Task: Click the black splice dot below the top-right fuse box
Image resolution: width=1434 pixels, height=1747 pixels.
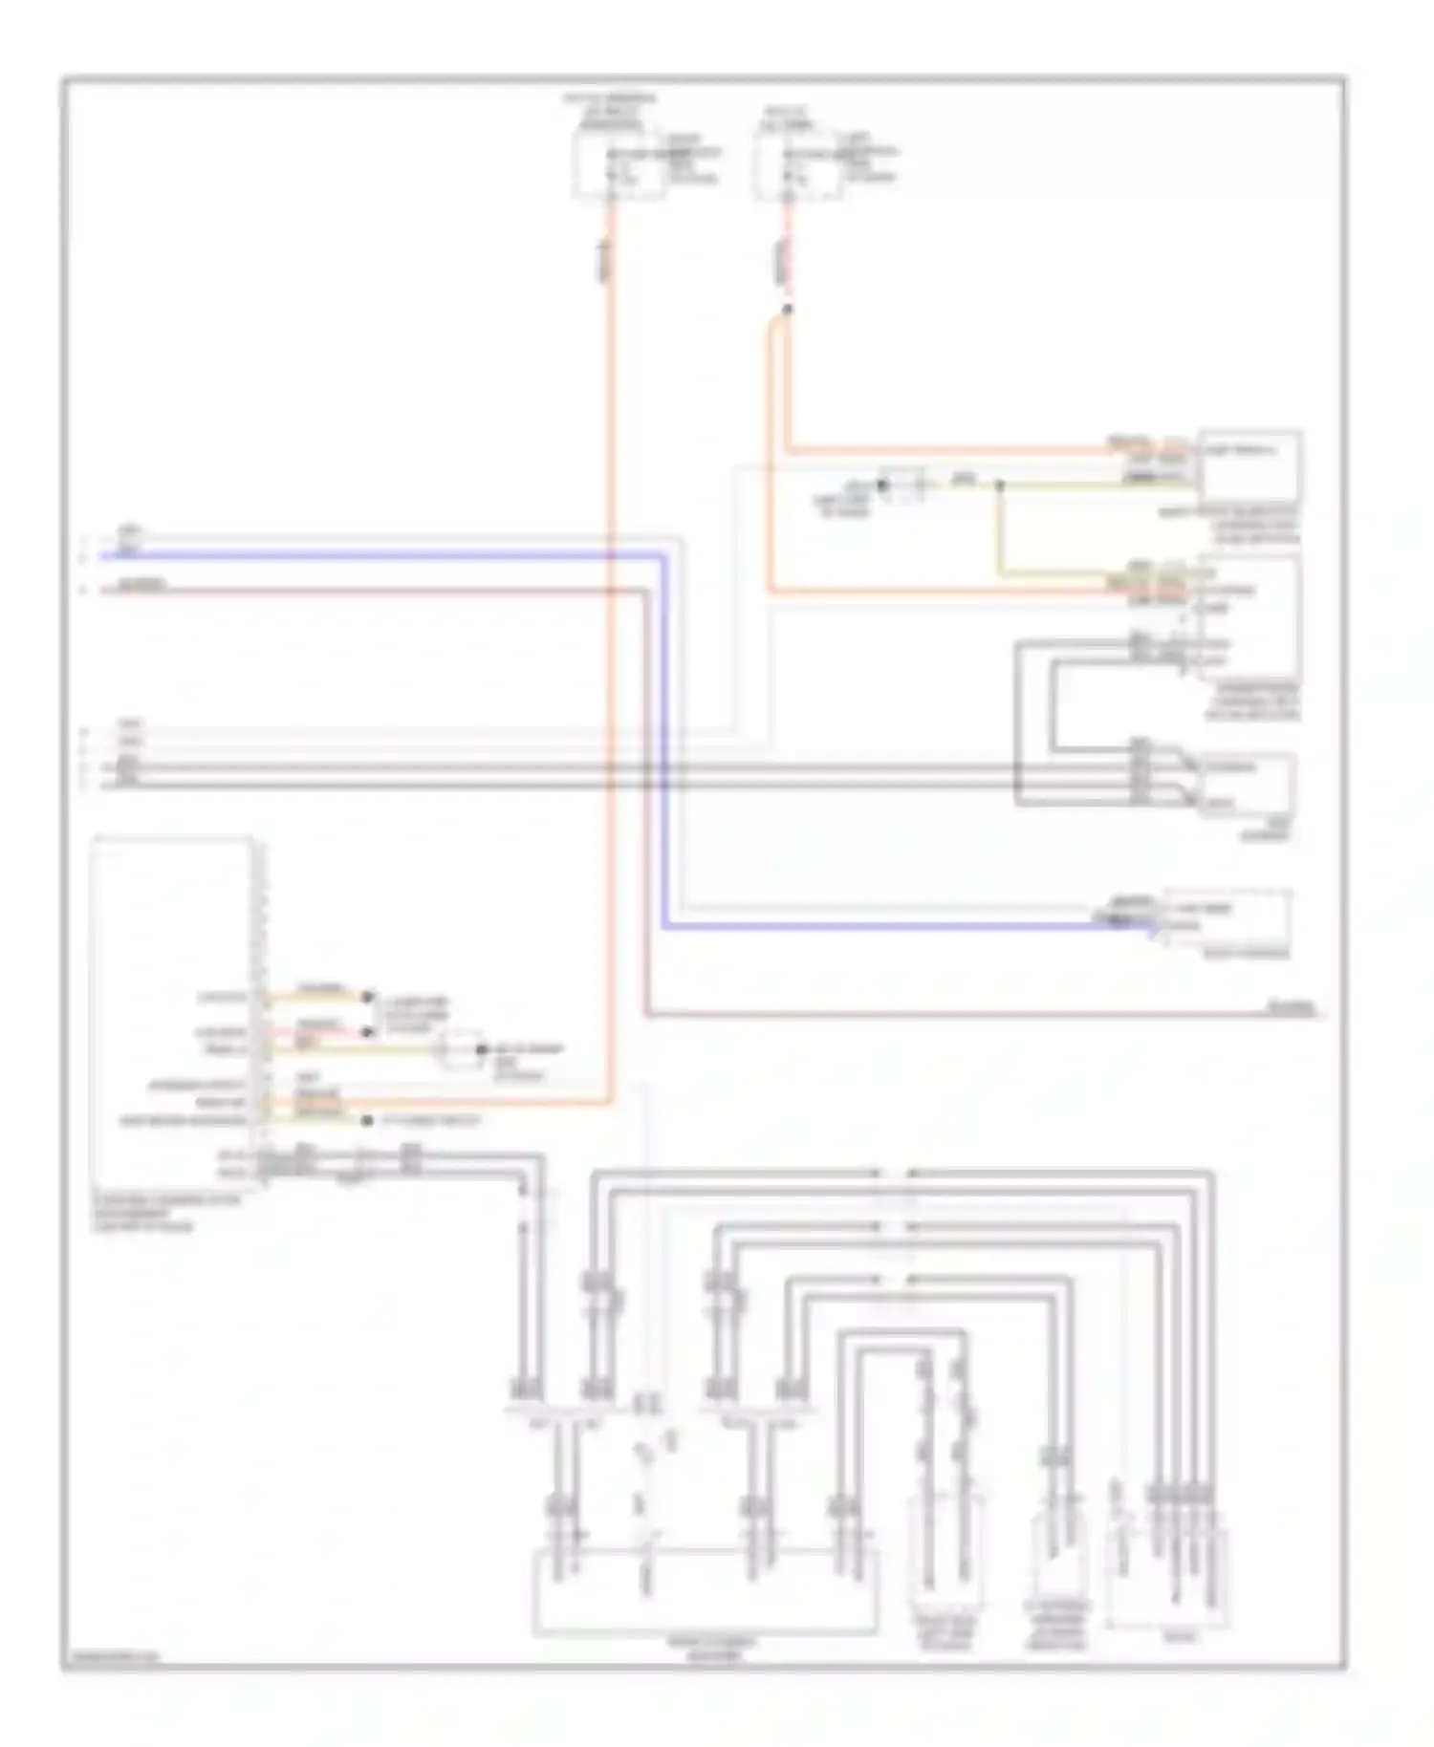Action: pyautogui.click(x=787, y=309)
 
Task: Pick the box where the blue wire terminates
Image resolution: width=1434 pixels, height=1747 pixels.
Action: pyautogui.click(x=1227, y=917)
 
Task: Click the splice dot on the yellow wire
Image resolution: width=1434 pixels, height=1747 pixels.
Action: pyautogui.click(x=1000, y=485)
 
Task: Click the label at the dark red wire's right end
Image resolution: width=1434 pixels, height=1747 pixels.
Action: pyautogui.click(x=1291, y=1007)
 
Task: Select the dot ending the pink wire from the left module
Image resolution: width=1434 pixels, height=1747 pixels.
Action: pyautogui.click(x=365, y=1032)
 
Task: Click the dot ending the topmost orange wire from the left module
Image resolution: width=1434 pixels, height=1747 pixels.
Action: pyautogui.click(x=365, y=997)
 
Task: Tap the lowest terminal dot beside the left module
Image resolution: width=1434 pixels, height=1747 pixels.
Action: pyautogui.click(x=365, y=1120)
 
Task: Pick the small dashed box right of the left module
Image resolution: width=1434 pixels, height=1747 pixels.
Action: pyautogui.click(x=461, y=1050)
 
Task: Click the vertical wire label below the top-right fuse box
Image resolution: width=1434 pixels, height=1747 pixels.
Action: pyautogui.click(x=780, y=258)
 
